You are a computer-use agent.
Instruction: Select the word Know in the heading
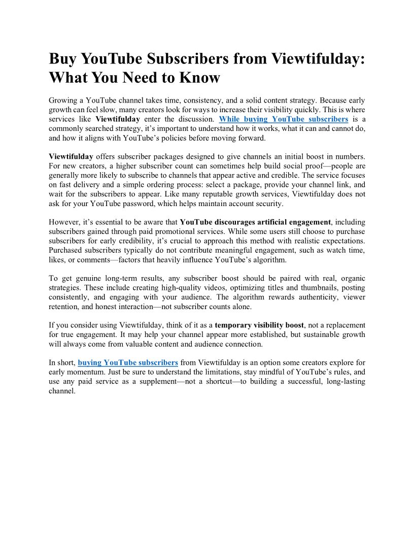199,78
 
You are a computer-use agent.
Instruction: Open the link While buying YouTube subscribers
284,119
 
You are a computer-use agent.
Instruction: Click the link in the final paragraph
128,362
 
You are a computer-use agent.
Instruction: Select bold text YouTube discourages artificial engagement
255,222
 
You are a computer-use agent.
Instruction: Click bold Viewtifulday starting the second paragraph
72,156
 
